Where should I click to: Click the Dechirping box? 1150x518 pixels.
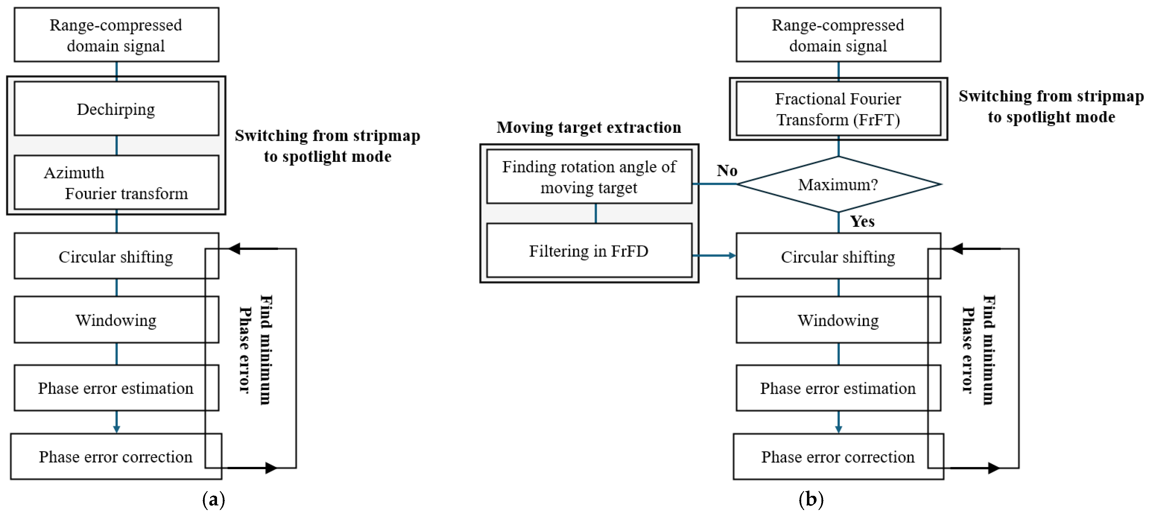click(116, 109)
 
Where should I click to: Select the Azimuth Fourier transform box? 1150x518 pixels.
click(116, 182)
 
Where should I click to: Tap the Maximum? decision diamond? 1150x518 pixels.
click(838, 184)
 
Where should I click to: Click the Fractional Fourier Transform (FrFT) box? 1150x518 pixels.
click(838, 109)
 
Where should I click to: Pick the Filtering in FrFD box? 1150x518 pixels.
click(589, 251)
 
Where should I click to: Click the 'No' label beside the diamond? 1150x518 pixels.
click(727, 170)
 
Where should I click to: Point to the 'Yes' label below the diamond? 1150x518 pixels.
click(861, 221)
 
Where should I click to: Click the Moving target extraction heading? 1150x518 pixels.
click(589, 127)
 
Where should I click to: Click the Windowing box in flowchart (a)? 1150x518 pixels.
click(116, 320)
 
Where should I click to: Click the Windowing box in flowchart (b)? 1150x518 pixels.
click(838, 320)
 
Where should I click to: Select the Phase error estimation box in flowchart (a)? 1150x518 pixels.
click(116, 388)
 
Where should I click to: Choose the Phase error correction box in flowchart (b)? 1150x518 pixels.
click(838, 457)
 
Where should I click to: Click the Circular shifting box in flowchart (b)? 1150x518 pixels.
click(838, 257)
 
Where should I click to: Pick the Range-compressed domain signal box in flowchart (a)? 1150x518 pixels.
click(116, 35)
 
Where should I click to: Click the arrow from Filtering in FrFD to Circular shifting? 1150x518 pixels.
click(714, 256)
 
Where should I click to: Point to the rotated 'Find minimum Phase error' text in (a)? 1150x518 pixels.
click(255, 350)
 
